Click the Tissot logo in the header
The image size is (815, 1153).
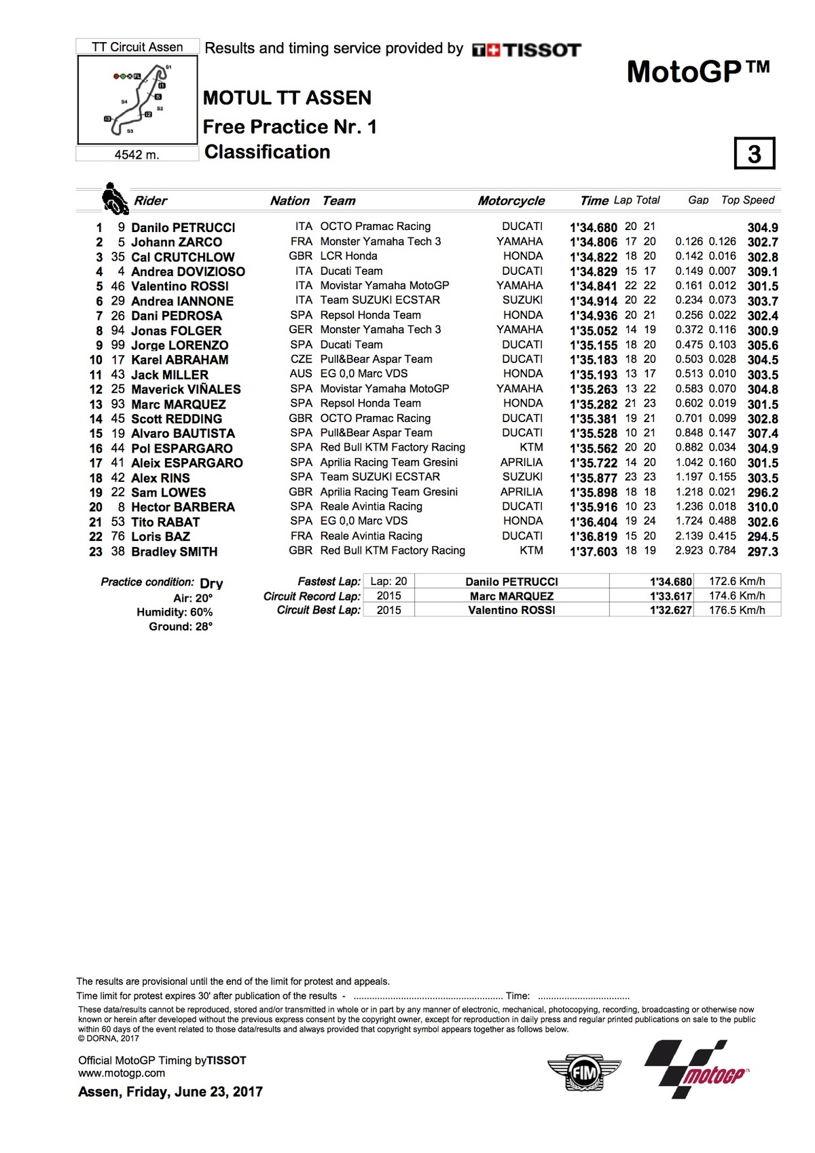point(526,50)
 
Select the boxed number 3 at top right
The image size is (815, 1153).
point(754,154)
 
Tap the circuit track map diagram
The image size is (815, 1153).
point(138,99)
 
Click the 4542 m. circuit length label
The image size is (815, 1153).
point(137,155)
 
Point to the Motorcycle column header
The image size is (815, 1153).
point(511,201)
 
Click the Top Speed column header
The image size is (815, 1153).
point(747,200)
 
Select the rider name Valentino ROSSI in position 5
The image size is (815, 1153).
point(179,286)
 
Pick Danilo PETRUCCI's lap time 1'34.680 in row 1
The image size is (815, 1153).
point(593,228)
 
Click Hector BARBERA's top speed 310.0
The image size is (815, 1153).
point(762,508)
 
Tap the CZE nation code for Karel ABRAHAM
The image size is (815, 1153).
point(301,359)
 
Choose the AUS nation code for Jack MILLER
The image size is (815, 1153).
point(301,374)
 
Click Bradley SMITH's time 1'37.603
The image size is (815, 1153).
point(593,552)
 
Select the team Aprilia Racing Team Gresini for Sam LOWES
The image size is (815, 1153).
point(388,492)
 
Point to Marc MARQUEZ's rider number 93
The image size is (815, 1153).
point(118,404)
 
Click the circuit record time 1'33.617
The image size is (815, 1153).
point(670,597)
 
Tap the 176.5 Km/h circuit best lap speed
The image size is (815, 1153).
point(737,610)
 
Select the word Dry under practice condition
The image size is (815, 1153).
point(211,584)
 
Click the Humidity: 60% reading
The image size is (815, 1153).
point(175,612)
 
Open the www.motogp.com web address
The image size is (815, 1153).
point(122,1074)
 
